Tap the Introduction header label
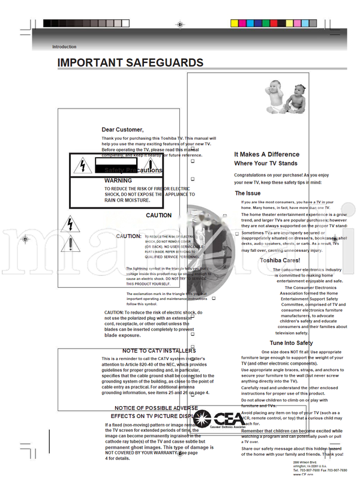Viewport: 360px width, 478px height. (x=64, y=47)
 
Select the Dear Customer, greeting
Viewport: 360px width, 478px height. (x=122, y=130)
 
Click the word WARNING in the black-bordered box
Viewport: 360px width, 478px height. (x=118, y=180)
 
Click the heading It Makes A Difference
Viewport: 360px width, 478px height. (x=266, y=155)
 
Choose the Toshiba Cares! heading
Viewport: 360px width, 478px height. (x=279, y=260)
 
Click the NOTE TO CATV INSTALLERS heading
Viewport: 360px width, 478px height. (x=159, y=351)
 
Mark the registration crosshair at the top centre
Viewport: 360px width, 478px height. (x=180, y=24)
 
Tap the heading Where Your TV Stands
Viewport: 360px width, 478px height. (x=265, y=163)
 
